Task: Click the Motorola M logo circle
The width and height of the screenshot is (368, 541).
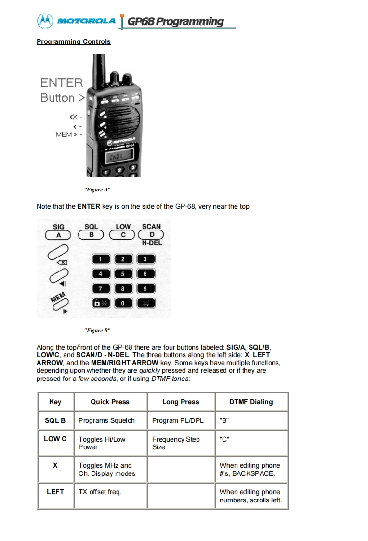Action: click(45, 21)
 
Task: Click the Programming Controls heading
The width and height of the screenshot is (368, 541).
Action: click(73, 41)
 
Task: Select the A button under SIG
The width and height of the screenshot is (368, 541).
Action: click(58, 235)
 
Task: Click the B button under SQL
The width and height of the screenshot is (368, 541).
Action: click(91, 235)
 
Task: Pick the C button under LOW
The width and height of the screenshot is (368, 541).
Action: click(123, 235)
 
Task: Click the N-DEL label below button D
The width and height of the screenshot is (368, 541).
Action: click(152, 243)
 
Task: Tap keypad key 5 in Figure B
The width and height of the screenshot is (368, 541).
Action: click(123, 274)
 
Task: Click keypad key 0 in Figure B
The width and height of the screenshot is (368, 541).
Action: click(123, 303)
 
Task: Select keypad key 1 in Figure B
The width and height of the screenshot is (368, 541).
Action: click(100, 260)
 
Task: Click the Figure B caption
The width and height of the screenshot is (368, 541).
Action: click(97, 330)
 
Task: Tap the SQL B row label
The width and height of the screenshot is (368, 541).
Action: click(55, 420)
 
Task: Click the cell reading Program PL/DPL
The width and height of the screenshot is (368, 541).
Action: click(178, 420)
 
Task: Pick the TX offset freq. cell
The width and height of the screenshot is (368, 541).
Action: click(100, 492)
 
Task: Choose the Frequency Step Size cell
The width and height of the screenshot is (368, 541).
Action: click(176, 443)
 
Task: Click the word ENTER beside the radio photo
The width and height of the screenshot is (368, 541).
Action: click(62, 82)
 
